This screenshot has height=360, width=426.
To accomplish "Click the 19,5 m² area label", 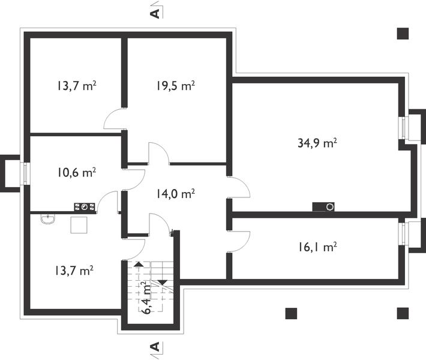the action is (176, 86).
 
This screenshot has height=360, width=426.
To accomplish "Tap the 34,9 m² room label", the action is (317, 143).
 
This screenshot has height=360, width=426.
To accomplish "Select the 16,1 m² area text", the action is (317, 247).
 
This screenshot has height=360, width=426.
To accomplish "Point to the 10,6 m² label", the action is (76, 173).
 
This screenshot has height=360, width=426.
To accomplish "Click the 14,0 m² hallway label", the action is (176, 194).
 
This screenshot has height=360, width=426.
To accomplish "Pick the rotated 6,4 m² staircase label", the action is (147, 298).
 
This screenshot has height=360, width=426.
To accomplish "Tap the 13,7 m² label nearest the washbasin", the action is (74, 271).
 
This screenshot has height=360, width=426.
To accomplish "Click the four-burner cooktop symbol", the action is (85, 207).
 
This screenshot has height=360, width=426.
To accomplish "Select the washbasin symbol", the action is (48, 219).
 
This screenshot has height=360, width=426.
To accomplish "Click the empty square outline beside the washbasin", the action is (79, 225).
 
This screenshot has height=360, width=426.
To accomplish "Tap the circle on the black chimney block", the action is (330, 207).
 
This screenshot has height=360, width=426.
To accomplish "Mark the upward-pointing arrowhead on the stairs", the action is (139, 264).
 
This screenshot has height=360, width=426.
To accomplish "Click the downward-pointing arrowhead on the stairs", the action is (163, 283).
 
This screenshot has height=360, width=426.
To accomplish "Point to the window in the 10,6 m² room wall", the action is (26, 173).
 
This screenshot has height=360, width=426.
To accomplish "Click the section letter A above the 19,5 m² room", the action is (155, 14).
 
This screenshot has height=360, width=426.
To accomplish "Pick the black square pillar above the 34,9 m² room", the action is (403, 34).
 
